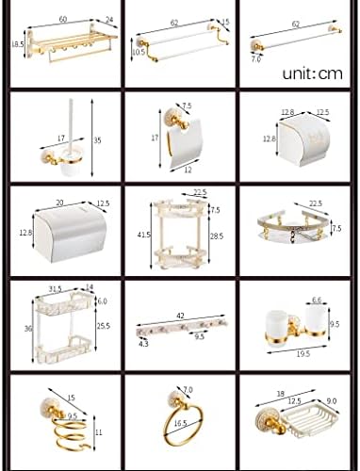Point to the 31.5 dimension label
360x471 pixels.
56,288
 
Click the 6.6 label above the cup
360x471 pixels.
316,300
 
